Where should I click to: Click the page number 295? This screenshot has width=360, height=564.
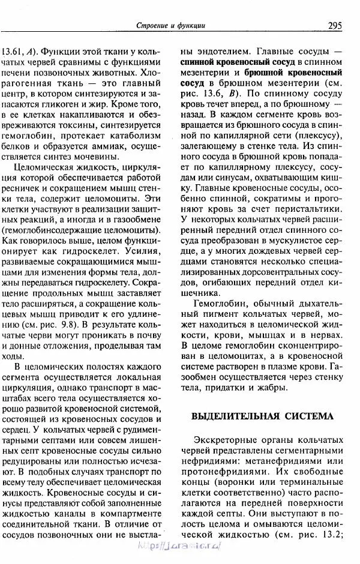point(334,25)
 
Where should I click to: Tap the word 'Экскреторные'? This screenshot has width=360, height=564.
point(225,440)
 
